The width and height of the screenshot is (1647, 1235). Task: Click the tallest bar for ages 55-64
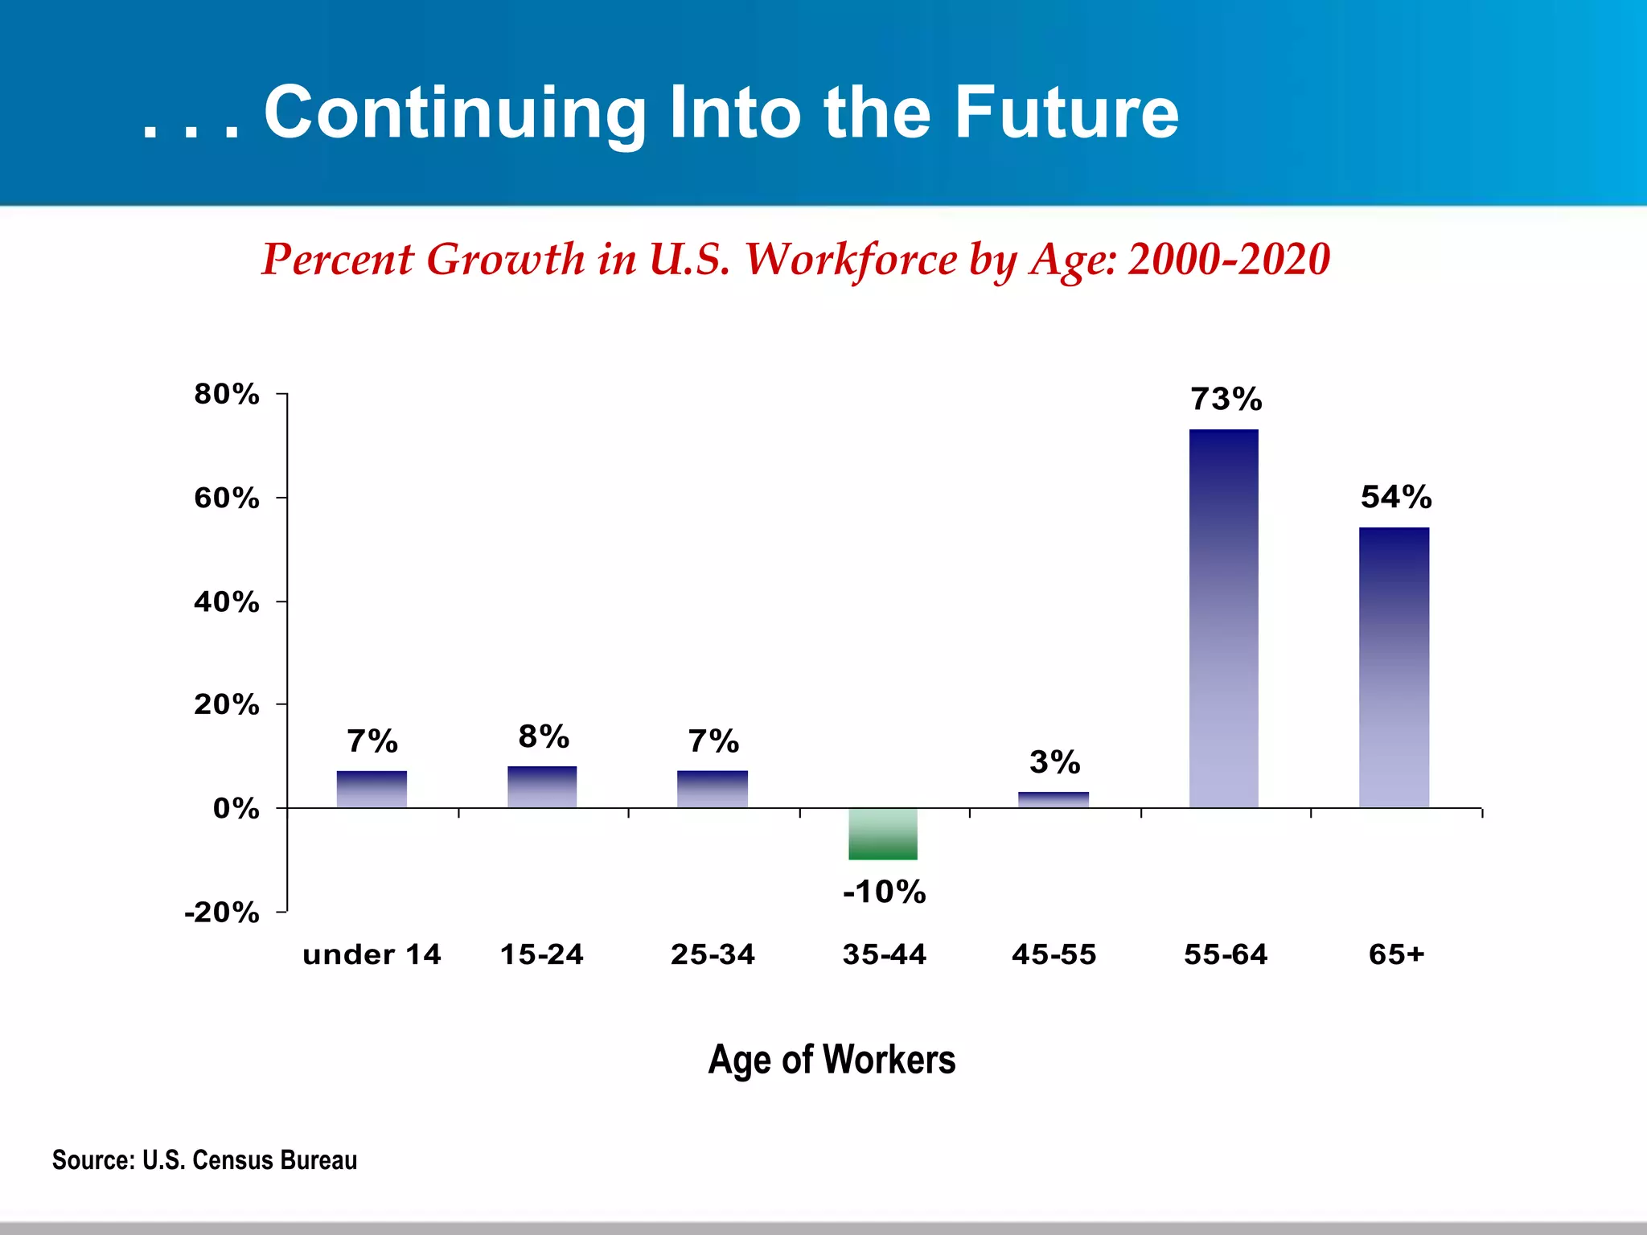pyautogui.click(x=1223, y=619)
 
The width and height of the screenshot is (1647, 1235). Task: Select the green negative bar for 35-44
pyautogui.click(x=883, y=834)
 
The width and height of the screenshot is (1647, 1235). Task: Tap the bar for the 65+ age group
pyautogui.click(x=1394, y=667)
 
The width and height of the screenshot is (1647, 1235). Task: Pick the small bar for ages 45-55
pyautogui.click(x=1053, y=800)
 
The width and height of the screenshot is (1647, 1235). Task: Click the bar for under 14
pyautogui.click(x=372, y=790)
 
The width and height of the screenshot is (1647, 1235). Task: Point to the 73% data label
pyautogui.click(x=1226, y=400)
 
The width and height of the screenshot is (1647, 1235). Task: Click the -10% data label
pyautogui.click(x=884, y=892)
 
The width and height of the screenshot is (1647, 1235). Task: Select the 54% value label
pyautogui.click(x=1396, y=497)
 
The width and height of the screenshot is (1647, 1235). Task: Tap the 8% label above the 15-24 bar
pyautogui.click(x=544, y=736)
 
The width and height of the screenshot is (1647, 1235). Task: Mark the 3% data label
pyautogui.click(x=1054, y=762)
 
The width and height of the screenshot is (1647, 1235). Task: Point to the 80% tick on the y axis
pyautogui.click(x=227, y=394)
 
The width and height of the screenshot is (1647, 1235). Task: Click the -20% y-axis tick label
pyautogui.click(x=222, y=913)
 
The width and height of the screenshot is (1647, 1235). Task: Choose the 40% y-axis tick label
pyautogui.click(x=227, y=601)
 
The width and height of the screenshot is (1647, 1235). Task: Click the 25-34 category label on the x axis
pyautogui.click(x=713, y=954)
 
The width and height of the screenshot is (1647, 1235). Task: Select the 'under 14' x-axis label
pyautogui.click(x=372, y=954)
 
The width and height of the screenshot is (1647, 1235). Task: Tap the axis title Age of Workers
pyautogui.click(x=832, y=1059)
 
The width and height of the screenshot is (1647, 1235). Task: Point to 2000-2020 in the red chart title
pyautogui.click(x=1229, y=260)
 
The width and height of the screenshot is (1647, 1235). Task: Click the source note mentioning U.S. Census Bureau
pyautogui.click(x=204, y=1160)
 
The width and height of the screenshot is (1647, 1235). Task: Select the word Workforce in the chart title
pyautogui.click(x=851, y=260)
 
